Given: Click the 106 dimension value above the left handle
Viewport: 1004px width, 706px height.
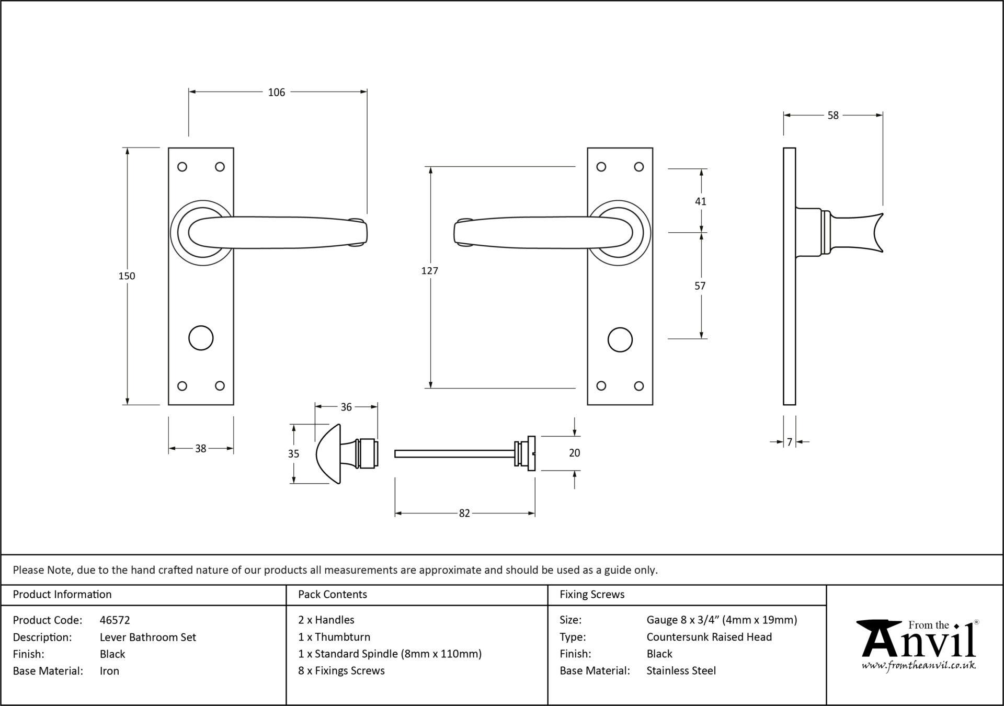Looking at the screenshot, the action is [x=277, y=93].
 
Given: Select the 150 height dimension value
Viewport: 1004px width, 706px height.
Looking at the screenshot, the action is [x=127, y=276].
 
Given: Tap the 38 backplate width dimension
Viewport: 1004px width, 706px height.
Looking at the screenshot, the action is [x=201, y=448].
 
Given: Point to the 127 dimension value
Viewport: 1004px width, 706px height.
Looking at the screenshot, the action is [x=430, y=270].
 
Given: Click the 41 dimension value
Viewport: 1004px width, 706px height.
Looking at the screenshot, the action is [x=701, y=201].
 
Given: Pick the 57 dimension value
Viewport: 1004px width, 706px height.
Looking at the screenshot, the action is [x=700, y=286].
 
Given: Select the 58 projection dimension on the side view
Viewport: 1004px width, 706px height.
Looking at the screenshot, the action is [x=833, y=115].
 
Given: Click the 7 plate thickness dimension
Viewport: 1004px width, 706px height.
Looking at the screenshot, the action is [x=790, y=442].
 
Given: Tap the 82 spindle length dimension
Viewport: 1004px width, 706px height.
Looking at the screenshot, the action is [x=464, y=514].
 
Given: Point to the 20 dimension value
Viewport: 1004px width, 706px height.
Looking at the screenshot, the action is [x=574, y=453].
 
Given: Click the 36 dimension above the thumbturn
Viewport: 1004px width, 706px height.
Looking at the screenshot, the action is [x=346, y=407].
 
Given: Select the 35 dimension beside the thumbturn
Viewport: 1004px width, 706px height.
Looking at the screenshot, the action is [x=294, y=453].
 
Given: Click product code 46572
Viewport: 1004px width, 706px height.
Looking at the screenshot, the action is [x=115, y=620].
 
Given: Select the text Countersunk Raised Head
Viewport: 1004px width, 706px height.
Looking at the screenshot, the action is [x=709, y=637].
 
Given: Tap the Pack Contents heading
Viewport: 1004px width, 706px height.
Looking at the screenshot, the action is [x=333, y=594].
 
